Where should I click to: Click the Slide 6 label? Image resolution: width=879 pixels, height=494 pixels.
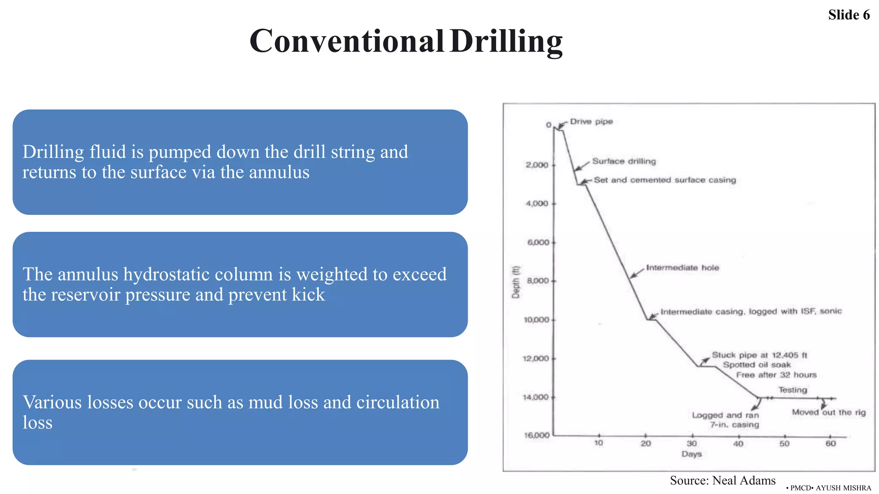849,15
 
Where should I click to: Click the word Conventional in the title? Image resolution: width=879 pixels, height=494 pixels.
346,41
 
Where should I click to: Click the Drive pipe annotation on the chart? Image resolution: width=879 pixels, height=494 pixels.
591,122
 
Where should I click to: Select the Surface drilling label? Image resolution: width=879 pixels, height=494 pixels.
624,161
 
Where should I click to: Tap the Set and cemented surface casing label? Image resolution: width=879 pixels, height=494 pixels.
664,180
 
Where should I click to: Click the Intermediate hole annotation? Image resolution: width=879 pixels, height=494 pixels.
682,268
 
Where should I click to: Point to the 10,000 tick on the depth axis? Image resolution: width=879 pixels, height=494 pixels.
536,320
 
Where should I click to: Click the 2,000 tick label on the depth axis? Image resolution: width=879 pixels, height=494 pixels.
537,165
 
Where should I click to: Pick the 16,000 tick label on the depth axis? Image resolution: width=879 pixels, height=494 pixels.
536,435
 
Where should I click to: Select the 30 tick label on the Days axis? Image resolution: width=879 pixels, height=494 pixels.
691,443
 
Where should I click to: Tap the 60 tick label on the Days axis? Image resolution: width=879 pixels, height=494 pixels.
831,443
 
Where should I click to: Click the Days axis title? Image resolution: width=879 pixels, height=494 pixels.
691,454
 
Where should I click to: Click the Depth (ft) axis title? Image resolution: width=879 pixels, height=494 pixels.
516,282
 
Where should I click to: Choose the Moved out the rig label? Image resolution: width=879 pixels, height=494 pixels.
828,413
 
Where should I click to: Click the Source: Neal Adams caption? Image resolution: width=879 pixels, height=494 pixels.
722,481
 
